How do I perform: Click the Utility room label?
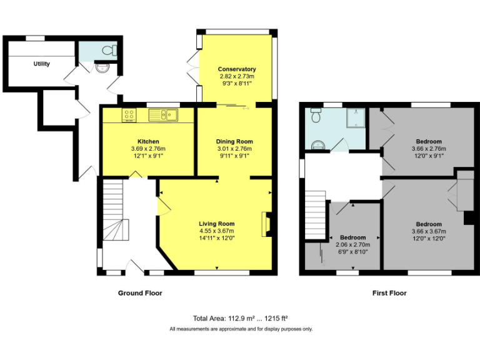[42, 64]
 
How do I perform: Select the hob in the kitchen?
[130, 114]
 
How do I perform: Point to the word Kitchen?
[148, 141]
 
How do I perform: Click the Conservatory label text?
[237, 69]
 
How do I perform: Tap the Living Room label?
[217, 224]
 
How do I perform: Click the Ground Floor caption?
[140, 292]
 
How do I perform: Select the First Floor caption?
[389, 292]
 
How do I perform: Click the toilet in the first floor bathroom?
[316, 116]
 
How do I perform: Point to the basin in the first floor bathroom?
[318, 145]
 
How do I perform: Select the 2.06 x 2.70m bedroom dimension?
[353, 245]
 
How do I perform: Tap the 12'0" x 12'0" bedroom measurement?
[429, 238]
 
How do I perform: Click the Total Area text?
[240, 318]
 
